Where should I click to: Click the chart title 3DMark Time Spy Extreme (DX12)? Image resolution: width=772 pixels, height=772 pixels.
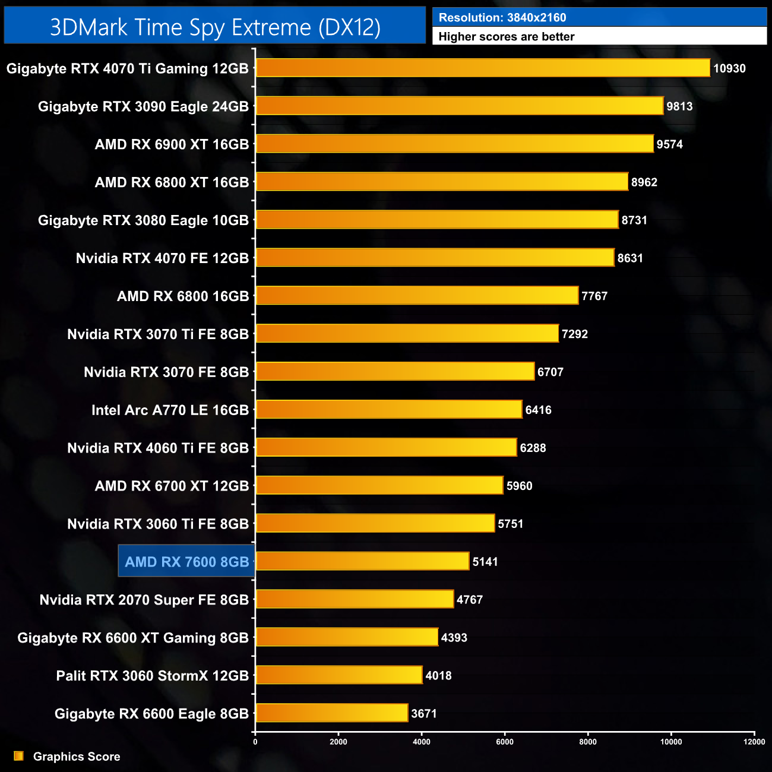tap(215, 27)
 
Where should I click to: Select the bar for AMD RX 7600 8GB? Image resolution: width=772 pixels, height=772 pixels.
tap(362, 561)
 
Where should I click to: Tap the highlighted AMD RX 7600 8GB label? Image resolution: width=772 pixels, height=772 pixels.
tap(186, 562)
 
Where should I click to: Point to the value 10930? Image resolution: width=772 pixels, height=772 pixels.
tap(729, 68)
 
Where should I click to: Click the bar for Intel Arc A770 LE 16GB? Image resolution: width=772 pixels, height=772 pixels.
tap(389, 409)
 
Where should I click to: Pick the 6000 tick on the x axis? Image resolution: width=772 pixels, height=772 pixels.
tap(505, 741)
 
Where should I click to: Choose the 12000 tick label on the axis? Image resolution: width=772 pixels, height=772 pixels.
tap(754, 741)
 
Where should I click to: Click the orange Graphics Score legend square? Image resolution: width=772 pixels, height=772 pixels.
tap(19, 756)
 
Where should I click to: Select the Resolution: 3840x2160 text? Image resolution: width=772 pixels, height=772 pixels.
tap(502, 18)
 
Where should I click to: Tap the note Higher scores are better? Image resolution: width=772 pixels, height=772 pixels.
tap(507, 37)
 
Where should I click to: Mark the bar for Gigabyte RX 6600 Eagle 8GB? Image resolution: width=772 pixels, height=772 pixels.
tap(332, 713)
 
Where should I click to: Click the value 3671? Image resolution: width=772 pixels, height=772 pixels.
tap(424, 713)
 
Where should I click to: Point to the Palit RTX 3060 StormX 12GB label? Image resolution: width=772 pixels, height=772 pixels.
tap(153, 676)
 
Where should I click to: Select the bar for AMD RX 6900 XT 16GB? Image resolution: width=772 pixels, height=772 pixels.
tap(454, 144)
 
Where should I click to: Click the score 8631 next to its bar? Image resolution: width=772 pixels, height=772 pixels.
tap(630, 258)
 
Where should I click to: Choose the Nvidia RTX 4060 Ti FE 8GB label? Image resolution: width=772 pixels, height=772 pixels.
tap(158, 448)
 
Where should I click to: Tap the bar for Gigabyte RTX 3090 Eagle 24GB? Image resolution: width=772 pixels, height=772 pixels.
tap(460, 106)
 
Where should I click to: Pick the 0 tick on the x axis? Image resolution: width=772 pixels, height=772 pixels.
tap(255, 741)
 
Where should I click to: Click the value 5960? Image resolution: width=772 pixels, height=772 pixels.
tap(519, 486)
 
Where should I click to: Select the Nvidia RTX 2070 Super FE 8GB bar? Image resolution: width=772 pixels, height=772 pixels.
tap(355, 599)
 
